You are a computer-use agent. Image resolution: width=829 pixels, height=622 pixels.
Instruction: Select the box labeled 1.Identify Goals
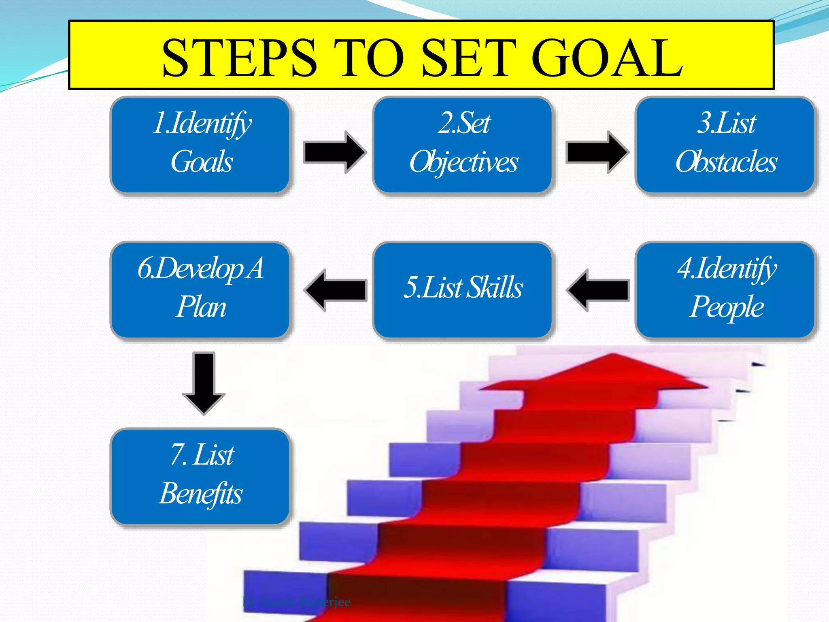(x=200, y=145)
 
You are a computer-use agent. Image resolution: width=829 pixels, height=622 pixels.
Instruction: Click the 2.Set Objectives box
(x=463, y=145)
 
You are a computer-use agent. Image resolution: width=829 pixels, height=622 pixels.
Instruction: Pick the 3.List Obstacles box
(x=725, y=145)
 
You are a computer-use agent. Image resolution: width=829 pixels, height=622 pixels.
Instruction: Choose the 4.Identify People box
(x=725, y=290)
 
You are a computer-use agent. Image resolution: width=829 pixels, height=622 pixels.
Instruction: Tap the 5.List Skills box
(x=463, y=290)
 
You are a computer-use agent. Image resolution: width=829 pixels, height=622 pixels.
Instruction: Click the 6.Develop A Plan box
(x=200, y=290)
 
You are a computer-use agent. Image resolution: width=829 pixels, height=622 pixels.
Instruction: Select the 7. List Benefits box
(x=200, y=476)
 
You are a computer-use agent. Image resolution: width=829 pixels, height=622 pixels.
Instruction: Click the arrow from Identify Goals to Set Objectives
(x=334, y=152)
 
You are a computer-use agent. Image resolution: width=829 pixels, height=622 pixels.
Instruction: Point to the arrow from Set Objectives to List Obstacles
(x=597, y=152)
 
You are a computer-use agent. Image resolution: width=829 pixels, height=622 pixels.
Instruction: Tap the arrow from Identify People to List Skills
(x=598, y=290)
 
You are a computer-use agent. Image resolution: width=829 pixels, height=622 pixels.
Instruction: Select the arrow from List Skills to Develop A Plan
(x=336, y=290)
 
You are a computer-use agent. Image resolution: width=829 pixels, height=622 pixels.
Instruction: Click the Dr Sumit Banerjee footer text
(x=296, y=602)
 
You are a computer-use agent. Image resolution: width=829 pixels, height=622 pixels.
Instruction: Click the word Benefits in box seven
(x=201, y=494)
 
